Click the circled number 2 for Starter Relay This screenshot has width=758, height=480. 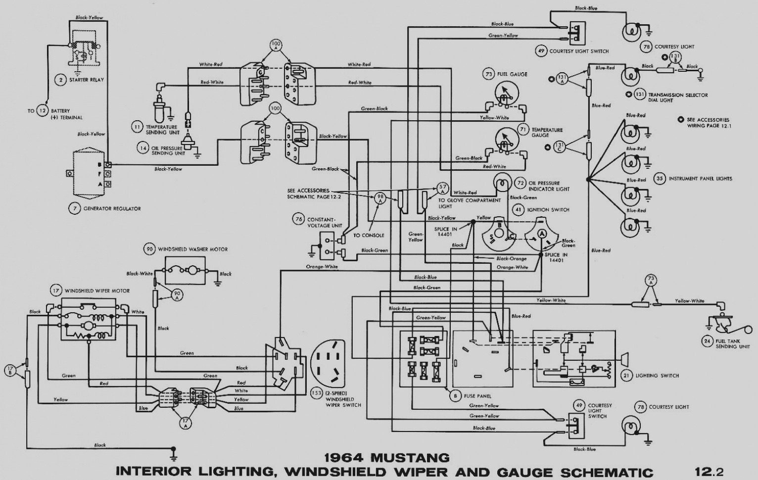click(60, 80)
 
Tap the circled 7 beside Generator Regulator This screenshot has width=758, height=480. click(74, 208)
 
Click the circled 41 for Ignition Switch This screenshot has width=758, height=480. click(518, 210)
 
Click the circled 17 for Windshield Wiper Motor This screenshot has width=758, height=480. click(56, 290)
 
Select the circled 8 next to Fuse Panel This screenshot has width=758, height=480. click(454, 396)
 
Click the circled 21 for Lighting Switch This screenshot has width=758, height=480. click(627, 376)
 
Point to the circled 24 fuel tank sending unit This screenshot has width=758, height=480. click(707, 340)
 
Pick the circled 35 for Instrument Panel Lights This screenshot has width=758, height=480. click(659, 179)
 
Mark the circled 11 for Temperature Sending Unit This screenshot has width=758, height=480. click(137, 127)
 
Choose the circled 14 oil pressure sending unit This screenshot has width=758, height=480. click(143, 147)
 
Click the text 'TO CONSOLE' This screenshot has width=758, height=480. click(369, 236)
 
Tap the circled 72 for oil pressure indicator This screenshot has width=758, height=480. click(520, 183)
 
